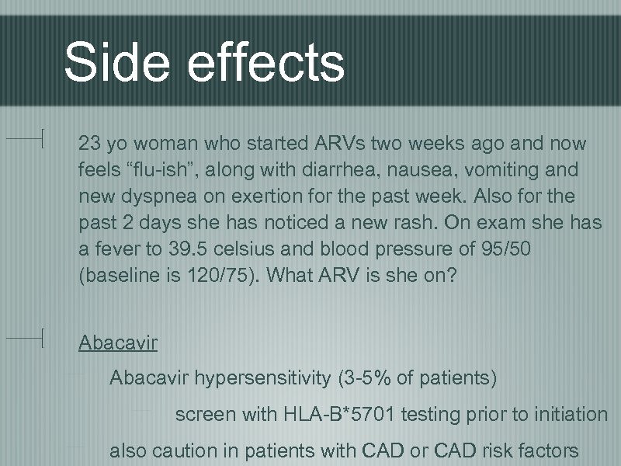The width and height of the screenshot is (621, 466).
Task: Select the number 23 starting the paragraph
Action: click(89, 144)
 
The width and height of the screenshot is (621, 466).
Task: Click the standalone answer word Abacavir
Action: click(118, 343)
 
